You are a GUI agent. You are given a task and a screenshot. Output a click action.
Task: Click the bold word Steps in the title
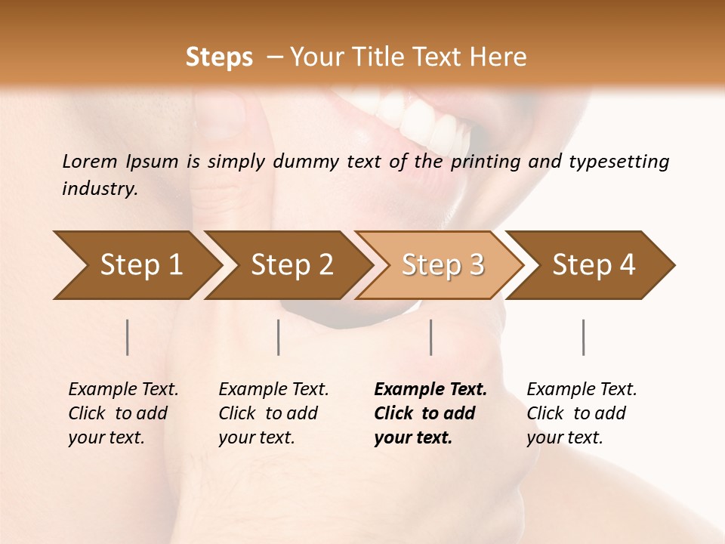(x=219, y=57)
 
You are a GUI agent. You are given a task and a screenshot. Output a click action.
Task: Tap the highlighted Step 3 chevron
(x=443, y=264)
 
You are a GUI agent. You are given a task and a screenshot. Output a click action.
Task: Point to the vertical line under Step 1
(x=128, y=337)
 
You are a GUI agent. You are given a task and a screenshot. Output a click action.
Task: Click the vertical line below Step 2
(x=279, y=337)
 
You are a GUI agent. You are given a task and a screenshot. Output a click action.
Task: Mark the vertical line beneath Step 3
(x=431, y=337)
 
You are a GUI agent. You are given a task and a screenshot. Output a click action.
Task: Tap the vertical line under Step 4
(x=584, y=337)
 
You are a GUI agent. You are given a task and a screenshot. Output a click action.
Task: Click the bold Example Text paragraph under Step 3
(x=430, y=413)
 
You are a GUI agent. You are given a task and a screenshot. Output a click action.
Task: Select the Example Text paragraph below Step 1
(x=123, y=413)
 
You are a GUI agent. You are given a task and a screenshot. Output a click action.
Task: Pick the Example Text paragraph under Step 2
(x=273, y=413)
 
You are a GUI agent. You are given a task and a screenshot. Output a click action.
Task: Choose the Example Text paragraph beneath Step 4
(x=582, y=413)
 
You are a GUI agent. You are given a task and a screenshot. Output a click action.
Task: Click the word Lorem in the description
(x=90, y=161)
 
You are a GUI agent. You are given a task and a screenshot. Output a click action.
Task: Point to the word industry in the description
(x=100, y=188)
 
